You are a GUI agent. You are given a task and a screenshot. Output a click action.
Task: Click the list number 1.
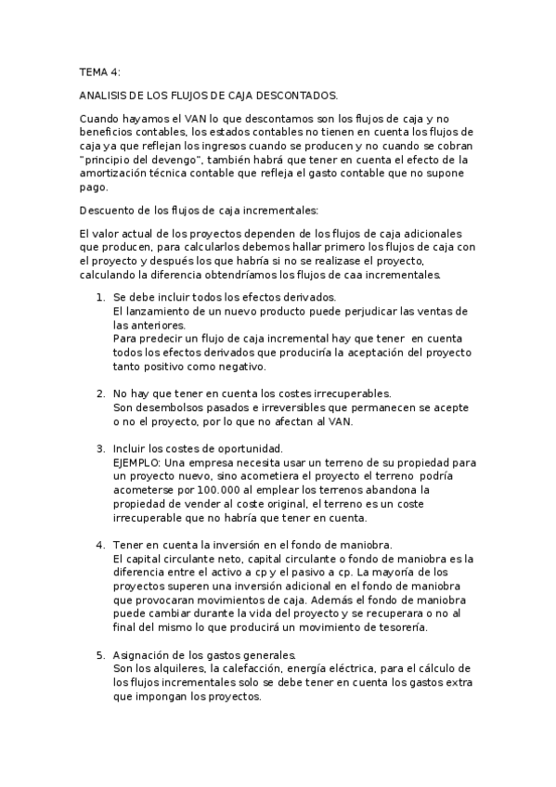(100, 298)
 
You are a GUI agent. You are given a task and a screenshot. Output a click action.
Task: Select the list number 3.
(100, 450)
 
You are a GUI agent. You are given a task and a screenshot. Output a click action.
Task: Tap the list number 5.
(100, 656)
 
